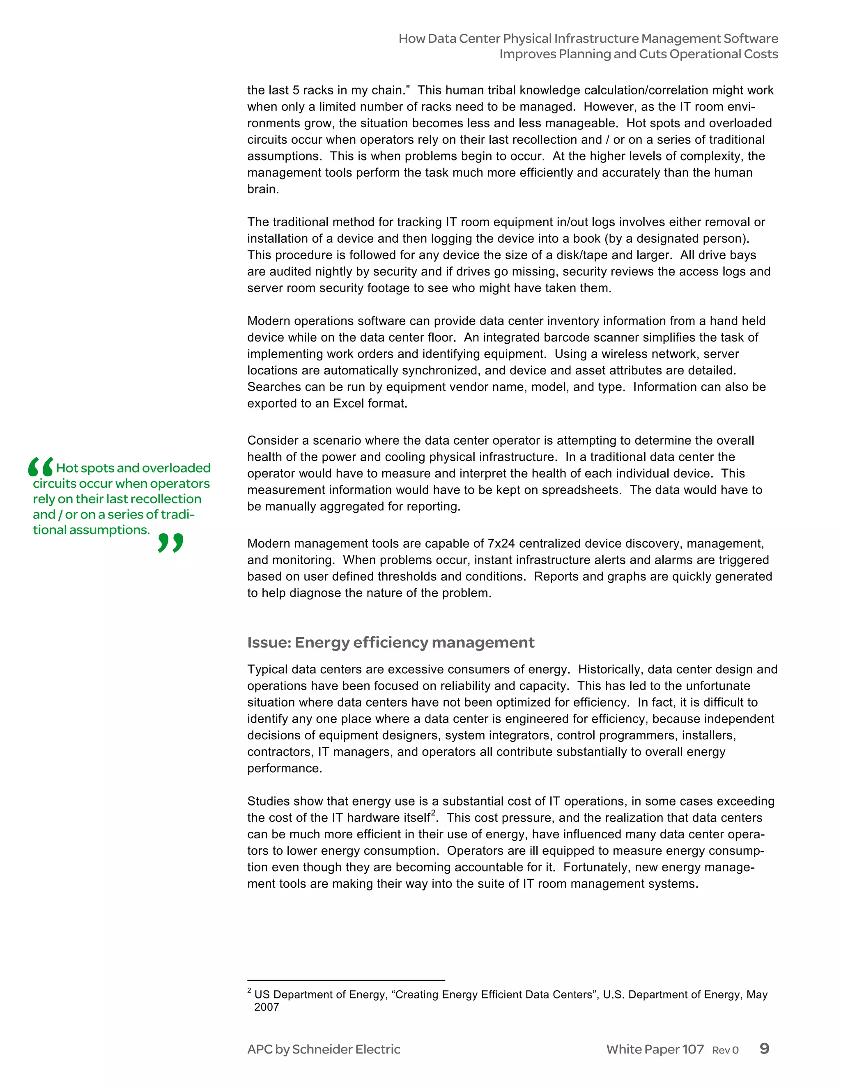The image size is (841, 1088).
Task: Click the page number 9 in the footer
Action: (x=764, y=1048)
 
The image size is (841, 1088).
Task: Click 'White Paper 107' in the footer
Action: (x=654, y=1049)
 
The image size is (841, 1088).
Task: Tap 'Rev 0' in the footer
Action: (x=725, y=1050)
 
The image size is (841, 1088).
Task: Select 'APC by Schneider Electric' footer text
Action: (x=323, y=1049)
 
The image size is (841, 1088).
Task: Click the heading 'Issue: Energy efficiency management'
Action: (x=391, y=642)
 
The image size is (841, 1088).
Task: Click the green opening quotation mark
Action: (x=41, y=467)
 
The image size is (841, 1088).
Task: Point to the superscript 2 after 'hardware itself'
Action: (x=433, y=813)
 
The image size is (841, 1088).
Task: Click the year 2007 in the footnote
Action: (x=266, y=1007)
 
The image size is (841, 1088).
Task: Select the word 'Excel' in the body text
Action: (x=348, y=404)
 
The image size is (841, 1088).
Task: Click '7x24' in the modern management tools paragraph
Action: (x=500, y=544)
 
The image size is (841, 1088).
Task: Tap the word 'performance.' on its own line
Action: (x=285, y=768)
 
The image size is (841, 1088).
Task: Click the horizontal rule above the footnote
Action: (x=346, y=980)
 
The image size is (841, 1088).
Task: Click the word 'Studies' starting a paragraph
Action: (x=269, y=801)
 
